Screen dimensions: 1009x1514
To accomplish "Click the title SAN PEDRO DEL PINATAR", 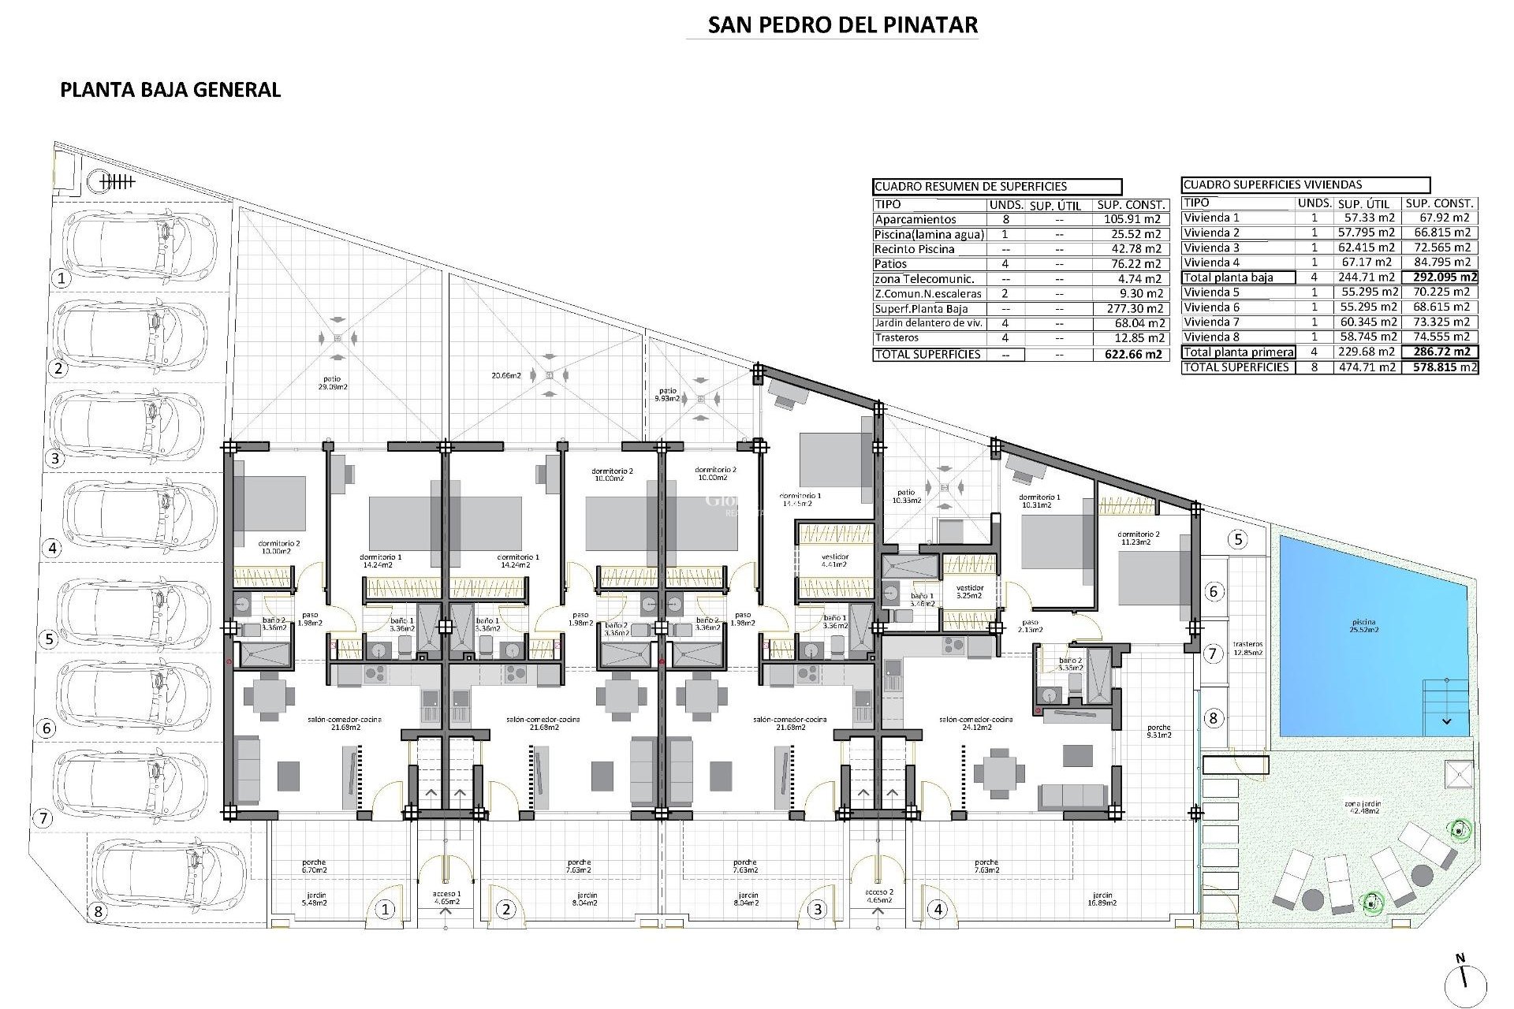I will pyautogui.click(x=842, y=24).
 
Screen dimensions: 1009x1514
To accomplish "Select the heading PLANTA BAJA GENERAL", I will pyautogui.click(x=170, y=89).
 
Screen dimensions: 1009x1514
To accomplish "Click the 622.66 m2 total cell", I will pyautogui.click(x=1132, y=354).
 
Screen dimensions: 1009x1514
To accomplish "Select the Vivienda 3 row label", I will pyautogui.click(x=1211, y=248).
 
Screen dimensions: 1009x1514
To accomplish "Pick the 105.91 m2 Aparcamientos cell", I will pyautogui.click(x=1132, y=219).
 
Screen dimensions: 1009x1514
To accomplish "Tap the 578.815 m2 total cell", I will pyautogui.click(x=1440, y=367).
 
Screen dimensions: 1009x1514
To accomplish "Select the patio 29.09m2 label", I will pyautogui.click(x=332, y=383).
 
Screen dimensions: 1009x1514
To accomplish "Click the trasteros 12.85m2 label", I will pyautogui.click(x=1248, y=648).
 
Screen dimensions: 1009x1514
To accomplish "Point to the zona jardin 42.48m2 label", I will pyautogui.click(x=1363, y=807).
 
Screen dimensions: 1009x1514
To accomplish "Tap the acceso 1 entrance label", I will pyautogui.click(x=446, y=898).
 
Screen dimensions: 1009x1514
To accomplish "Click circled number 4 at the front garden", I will pyautogui.click(x=938, y=910).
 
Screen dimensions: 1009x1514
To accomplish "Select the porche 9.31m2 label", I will pyautogui.click(x=1159, y=731).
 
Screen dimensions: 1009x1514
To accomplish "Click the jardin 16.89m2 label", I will pyautogui.click(x=1102, y=899).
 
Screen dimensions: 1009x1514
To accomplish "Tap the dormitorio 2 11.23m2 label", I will pyautogui.click(x=1139, y=538).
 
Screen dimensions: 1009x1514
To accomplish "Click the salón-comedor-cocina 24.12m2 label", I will pyautogui.click(x=975, y=723).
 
